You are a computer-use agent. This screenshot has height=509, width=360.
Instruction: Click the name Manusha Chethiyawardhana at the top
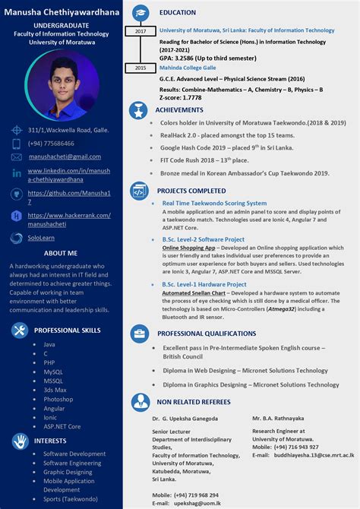(62, 11)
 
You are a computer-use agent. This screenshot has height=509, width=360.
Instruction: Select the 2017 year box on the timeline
(141, 31)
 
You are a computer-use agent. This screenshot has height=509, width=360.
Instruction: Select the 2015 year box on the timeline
(141, 68)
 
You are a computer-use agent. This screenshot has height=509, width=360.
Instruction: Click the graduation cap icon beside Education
(141, 13)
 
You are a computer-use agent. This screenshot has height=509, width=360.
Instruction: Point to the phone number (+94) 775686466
(51, 143)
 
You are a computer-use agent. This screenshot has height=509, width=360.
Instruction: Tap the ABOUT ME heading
(61, 253)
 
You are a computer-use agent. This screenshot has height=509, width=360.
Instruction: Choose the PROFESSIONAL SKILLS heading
(67, 330)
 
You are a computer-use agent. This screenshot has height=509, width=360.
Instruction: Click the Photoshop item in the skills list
(58, 399)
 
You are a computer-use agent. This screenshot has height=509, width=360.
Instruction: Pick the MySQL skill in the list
(53, 372)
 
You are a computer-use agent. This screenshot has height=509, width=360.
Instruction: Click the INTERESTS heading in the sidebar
(50, 440)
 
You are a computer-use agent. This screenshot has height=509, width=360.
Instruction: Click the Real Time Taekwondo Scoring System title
(214, 203)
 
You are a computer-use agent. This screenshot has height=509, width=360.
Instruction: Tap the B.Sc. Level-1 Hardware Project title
(204, 284)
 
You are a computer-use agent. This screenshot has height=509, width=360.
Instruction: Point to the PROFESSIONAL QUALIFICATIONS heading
(207, 334)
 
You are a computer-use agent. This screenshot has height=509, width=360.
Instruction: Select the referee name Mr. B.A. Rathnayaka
(278, 418)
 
